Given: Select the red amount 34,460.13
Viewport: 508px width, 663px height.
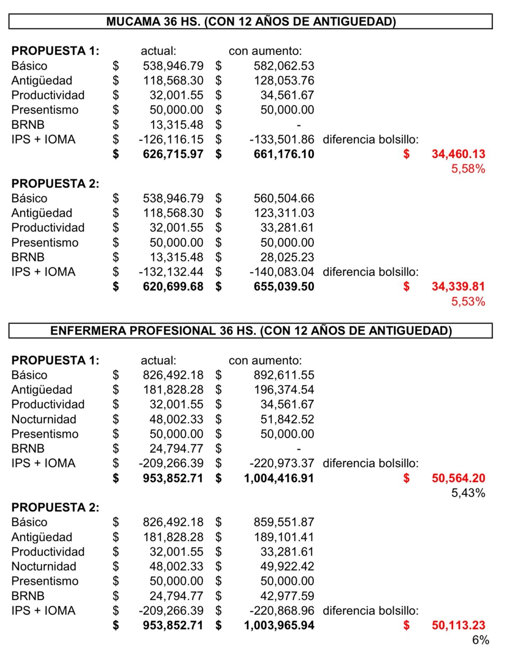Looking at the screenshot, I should pyautogui.click(x=458, y=154).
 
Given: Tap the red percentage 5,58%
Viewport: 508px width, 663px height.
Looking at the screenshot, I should pyautogui.click(x=468, y=169).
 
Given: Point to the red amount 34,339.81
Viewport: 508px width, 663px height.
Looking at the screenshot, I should pyautogui.click(x=458, y=287).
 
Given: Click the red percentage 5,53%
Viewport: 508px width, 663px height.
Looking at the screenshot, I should pyautogui.click(x=468, y=301).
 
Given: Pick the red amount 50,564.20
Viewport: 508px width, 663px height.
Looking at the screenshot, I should pyautogui.click(x=458, y=478).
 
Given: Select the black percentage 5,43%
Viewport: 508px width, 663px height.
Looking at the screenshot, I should pyautogui.click(x=468, y=493).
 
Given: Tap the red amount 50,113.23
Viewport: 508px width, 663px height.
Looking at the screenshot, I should pyautogui.click(x=458, y=625).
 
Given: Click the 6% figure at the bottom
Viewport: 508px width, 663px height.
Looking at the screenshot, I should pyautogui.click(x=481, y=640).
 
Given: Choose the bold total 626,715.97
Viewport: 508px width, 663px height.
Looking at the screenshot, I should pyautogui.click(x=173, y=154).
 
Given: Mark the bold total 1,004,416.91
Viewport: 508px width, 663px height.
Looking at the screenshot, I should pyautogui.click(x=279, y=478).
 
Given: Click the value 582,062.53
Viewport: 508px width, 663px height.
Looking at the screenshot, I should pyautogui.click(x=284, y=66).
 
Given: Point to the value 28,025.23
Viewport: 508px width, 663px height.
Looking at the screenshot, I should pyautogui.click(x=287, y=257).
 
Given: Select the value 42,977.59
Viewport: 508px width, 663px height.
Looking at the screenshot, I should pyautogui.click(x=287, y=596).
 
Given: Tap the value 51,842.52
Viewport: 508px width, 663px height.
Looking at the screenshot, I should pyautogui.click(x=287, y=419).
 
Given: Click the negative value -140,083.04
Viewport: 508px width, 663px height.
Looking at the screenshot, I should pyautogui.click(x=282, y=272).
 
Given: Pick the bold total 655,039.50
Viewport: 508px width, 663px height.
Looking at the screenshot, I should pyautogui.click(x=284, y=287).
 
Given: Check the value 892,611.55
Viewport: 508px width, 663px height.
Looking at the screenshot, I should pyautogui.click(x=284, y=375).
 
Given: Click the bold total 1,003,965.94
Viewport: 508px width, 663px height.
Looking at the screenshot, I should pyautogui.click(x=279, y=625).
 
